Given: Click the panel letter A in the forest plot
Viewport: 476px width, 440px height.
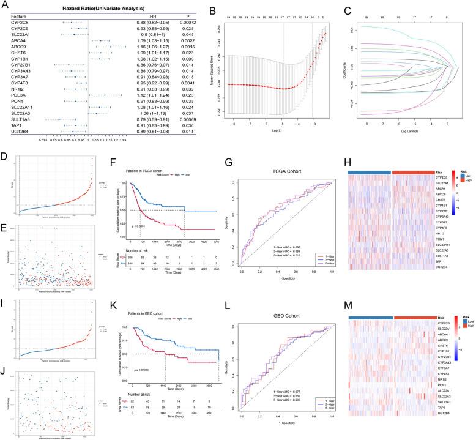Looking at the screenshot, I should tap(5, 4).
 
